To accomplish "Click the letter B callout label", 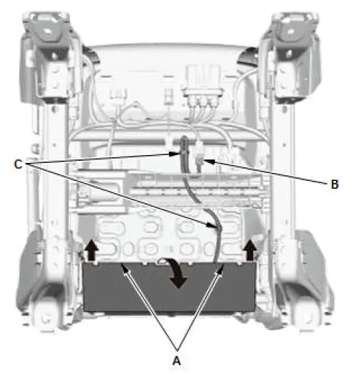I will (334, 184).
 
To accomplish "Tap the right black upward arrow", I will (251, 249).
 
